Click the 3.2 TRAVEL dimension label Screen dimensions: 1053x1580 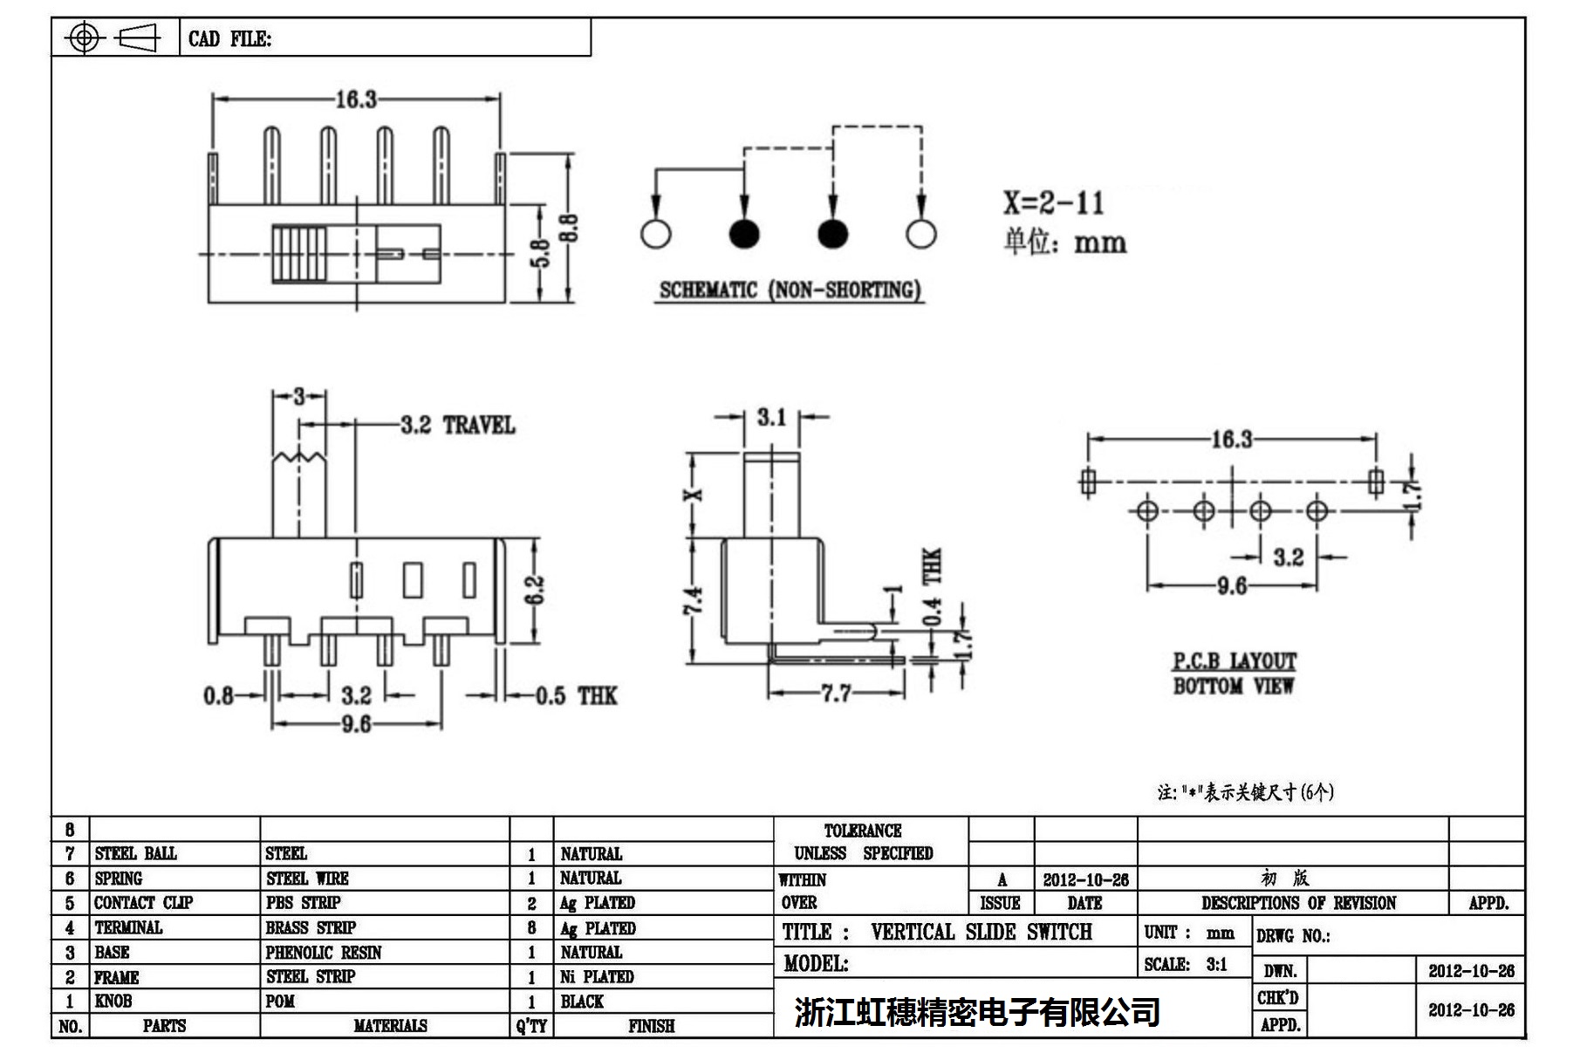[x=458, y=426]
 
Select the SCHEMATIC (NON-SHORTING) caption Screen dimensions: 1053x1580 [x=790, y=291]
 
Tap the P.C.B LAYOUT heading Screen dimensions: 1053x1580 [x=1234, y=661]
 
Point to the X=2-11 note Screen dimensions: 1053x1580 [x=1053, y=203]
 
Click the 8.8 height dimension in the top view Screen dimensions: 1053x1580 [x=569, y=229]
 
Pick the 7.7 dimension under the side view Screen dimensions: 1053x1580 [x=836, y=694]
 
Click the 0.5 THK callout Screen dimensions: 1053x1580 [x=576, y=696]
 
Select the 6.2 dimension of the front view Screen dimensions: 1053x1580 [x=535, y=590]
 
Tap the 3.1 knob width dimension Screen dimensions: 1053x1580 [x=771, y=418]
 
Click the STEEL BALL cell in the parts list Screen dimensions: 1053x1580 [x=135, y=853]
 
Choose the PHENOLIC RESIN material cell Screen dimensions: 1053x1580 [x=324, y=953]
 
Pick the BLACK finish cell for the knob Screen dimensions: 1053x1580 [x=582, y=1002]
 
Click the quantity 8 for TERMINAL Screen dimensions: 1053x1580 [x=531, y=928]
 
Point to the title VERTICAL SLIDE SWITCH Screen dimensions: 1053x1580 [x=981, y=933]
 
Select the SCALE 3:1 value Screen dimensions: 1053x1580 [x=1216, y=965]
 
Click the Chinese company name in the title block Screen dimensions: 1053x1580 [x=977, y=1012]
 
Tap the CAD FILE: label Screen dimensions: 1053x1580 [x=229, y=39]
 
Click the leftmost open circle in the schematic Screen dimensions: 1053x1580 [x=655, y=234]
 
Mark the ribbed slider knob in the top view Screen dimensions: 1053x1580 [x=299, y=254]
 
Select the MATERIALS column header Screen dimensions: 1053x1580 [x=390, y=1026]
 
